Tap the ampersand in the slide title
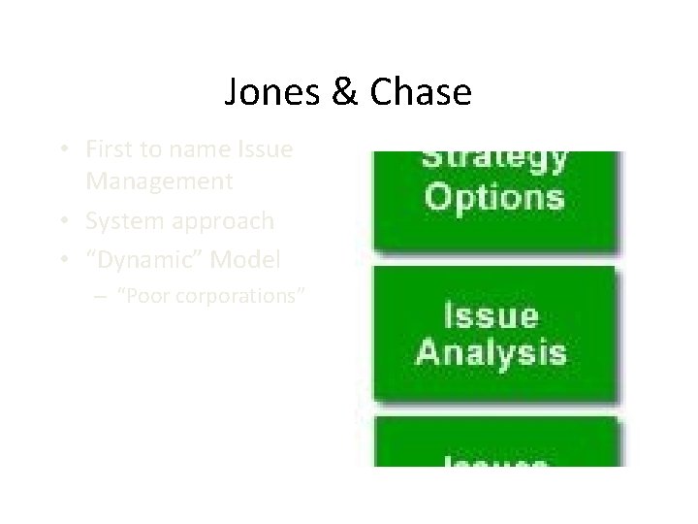click(343, 93)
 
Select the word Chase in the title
click(419, 93)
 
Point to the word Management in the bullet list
click(159, 181)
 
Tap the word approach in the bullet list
click(222, 221)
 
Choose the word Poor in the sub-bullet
click(141, 296)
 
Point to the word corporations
click(238, 296)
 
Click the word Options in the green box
click(494, 198)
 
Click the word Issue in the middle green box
click(491, 315)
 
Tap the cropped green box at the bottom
click(494, 444)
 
